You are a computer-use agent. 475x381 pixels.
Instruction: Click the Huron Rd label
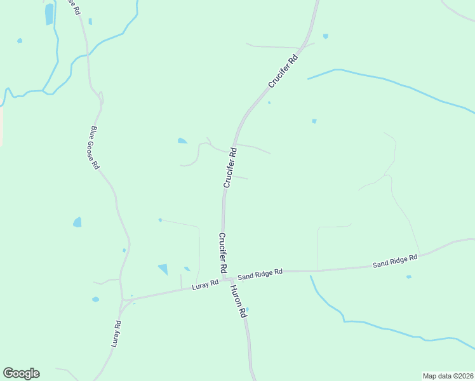coord(237,300)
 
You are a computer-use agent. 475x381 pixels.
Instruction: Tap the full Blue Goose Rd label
coord(94,147)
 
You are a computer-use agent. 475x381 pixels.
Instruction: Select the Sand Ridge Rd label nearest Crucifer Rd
coord(260,274)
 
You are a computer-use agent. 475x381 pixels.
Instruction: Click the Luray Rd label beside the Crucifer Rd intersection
coord(204,286)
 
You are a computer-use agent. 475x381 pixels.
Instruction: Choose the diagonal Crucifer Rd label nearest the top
coord(283,72)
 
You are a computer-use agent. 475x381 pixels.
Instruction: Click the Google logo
coord(21,373)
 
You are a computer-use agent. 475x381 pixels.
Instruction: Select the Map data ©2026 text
coord(448,375)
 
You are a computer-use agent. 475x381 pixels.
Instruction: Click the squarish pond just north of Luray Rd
coord(163,269)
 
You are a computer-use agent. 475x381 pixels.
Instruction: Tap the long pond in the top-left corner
coord(50,14)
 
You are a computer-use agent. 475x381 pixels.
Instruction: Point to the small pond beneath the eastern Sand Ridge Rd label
coord(408,277)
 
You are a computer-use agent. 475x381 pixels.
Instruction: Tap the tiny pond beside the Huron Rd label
coord(247,310)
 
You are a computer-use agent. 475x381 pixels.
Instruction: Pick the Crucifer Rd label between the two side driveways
coord(230,167)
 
